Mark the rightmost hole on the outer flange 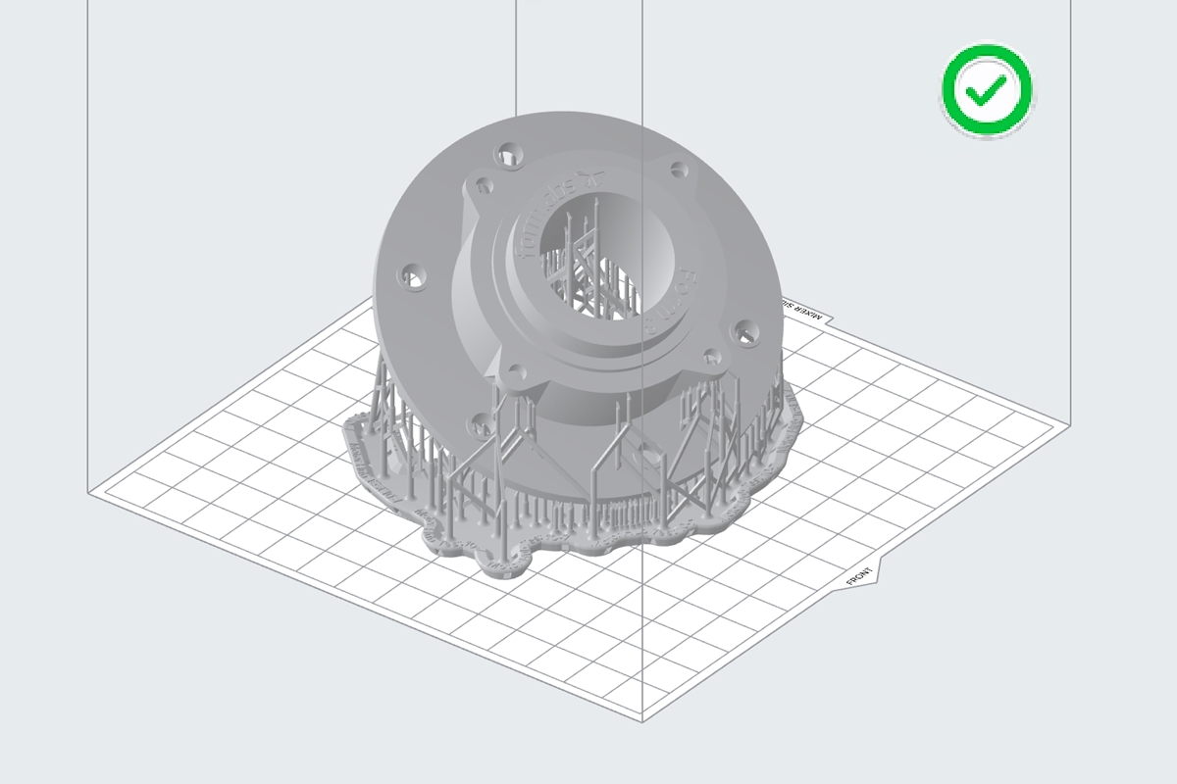[x=747, y=333]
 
